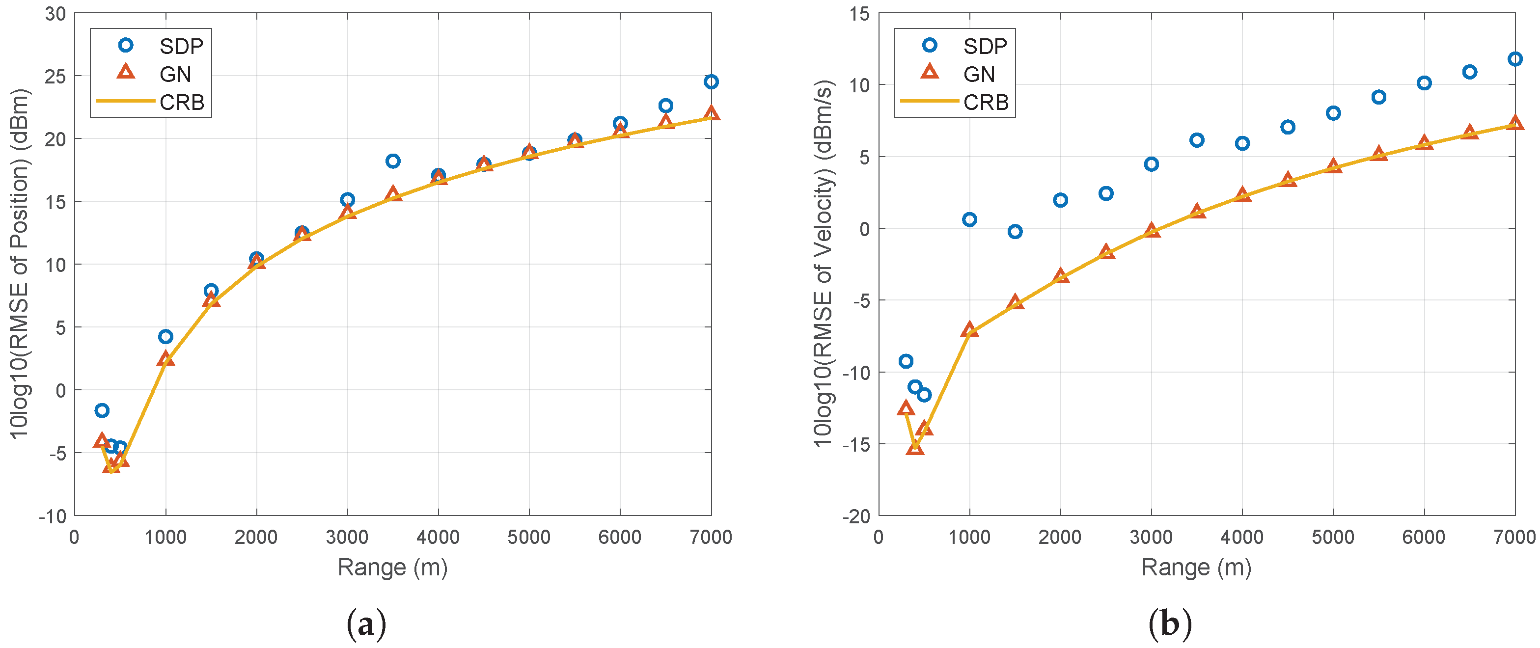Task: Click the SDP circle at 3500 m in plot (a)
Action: pos(393,161)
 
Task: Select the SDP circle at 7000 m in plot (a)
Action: pos(711,82)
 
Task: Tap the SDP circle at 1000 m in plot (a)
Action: pos(165,337)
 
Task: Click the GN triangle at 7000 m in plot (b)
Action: pos(1514,123)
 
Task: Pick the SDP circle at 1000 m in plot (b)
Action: pos(970,219)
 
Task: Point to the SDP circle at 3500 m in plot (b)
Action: pos(1197,140)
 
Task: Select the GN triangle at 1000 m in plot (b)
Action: pos(970,329)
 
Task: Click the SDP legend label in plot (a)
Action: pos(181,46)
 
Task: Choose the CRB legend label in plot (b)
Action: pos(986,103)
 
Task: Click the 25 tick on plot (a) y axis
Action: pos(55,77)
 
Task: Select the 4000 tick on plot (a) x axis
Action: pos(438,538)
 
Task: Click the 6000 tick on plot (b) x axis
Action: pos(1424,538)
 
